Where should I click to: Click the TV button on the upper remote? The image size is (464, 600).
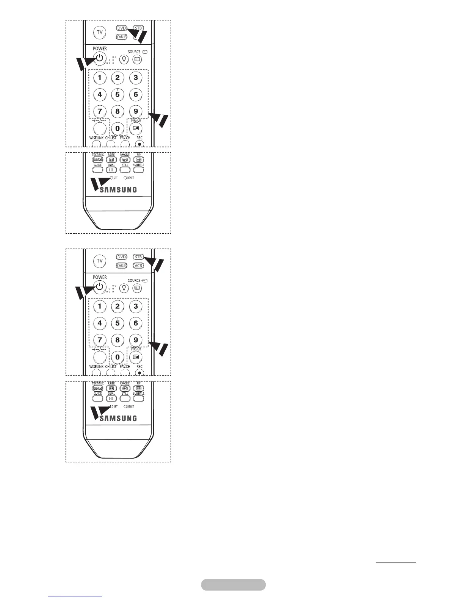[100, 33]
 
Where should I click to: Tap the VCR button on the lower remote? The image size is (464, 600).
[138, 266]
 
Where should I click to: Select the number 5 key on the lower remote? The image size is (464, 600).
[118, 323]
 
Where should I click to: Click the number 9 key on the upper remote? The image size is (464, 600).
[136, 111]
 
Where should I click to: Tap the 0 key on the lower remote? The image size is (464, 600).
[118, 357]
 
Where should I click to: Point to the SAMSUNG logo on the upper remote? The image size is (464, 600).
[118, 189]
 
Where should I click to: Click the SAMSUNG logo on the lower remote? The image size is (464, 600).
[118, 418]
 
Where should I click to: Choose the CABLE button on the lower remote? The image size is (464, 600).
[121, 266]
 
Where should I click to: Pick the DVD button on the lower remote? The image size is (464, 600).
[121, 257]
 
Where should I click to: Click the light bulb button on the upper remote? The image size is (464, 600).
[124, 59]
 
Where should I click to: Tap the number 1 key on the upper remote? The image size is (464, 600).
[100, 78]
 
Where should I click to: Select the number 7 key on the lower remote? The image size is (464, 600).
[100, 340]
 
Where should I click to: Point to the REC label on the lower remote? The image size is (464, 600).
[140, 367]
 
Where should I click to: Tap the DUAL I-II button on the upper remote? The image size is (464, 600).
[111, 170]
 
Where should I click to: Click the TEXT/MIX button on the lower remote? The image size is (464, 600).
[98, 389]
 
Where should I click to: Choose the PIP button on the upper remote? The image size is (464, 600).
[138, 160]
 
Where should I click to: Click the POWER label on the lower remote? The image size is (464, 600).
[100, 277]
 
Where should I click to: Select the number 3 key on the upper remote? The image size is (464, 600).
[136, 78]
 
